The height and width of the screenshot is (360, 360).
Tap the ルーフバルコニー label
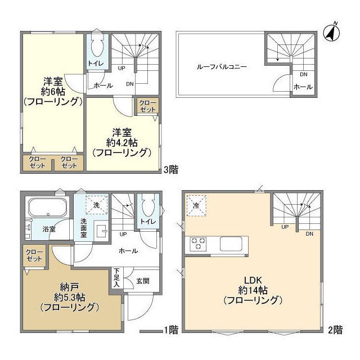click(x=222, y=67)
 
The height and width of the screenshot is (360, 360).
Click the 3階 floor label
click(x=171, y=169)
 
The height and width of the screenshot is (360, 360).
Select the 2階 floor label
click(x=335, y=330)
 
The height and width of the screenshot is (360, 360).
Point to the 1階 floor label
click(x=171, y=330)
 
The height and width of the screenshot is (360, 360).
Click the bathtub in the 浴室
click(x=47, y=208)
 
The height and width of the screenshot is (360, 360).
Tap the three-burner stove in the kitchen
click(x=198, y=244)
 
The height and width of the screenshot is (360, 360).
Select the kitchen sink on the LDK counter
click(x=231, y=244)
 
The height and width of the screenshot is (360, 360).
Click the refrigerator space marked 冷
click(x=196, y=205)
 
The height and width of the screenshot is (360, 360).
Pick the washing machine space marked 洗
click(x=97, y=205)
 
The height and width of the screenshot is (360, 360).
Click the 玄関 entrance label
click(x=142, y=281)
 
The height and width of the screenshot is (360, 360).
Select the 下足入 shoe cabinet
click(x=117, y=278)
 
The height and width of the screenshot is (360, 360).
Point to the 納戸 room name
click(x=69, y=287)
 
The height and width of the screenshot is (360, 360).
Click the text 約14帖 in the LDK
click(x=253, y=290)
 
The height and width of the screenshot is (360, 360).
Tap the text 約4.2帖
click(x=121, y=143)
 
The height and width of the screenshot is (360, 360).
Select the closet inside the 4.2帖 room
click(x=147, y=106)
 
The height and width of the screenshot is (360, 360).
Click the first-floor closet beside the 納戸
click(x=34, y=255)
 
